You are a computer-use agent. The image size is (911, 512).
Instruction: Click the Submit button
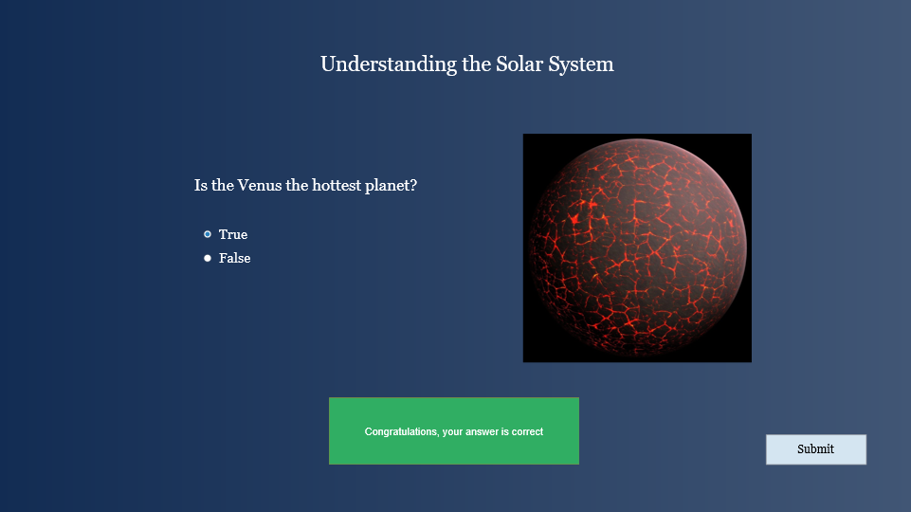point(815,449)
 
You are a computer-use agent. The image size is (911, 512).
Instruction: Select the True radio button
point(208,234)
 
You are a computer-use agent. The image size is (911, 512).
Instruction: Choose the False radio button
point(208,258)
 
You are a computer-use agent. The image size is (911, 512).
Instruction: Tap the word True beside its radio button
point(233,234)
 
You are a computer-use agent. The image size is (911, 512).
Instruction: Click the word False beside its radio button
point(235,258)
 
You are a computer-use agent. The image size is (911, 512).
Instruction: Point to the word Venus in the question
point(260,186)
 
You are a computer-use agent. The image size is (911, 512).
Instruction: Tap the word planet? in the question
point(391,186)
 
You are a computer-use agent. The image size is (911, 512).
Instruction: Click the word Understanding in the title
point(389,64)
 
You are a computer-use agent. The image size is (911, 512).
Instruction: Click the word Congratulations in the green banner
point(401,431)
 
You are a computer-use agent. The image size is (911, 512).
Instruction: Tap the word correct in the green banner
point(527,431)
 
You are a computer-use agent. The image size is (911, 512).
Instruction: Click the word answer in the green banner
point(482,431)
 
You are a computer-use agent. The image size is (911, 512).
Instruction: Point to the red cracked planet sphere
point(637,248)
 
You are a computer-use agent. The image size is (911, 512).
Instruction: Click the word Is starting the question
point(200,186)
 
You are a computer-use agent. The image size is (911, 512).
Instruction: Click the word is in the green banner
point(505,431)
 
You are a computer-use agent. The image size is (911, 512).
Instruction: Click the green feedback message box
point(454,431)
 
